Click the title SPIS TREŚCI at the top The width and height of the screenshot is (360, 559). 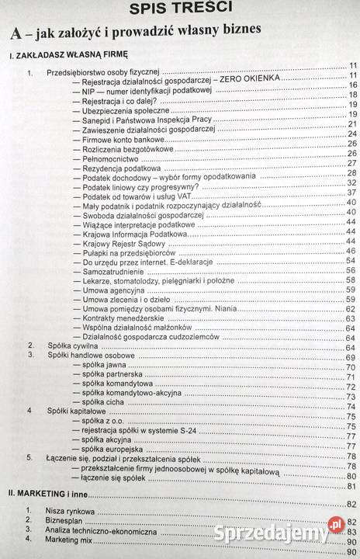(x=179, y=9)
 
